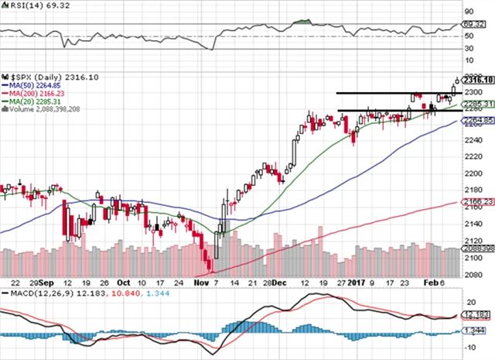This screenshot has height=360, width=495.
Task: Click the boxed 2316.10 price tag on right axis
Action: pos(479,80)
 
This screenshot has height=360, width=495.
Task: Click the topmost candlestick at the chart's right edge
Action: pos(456,80)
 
